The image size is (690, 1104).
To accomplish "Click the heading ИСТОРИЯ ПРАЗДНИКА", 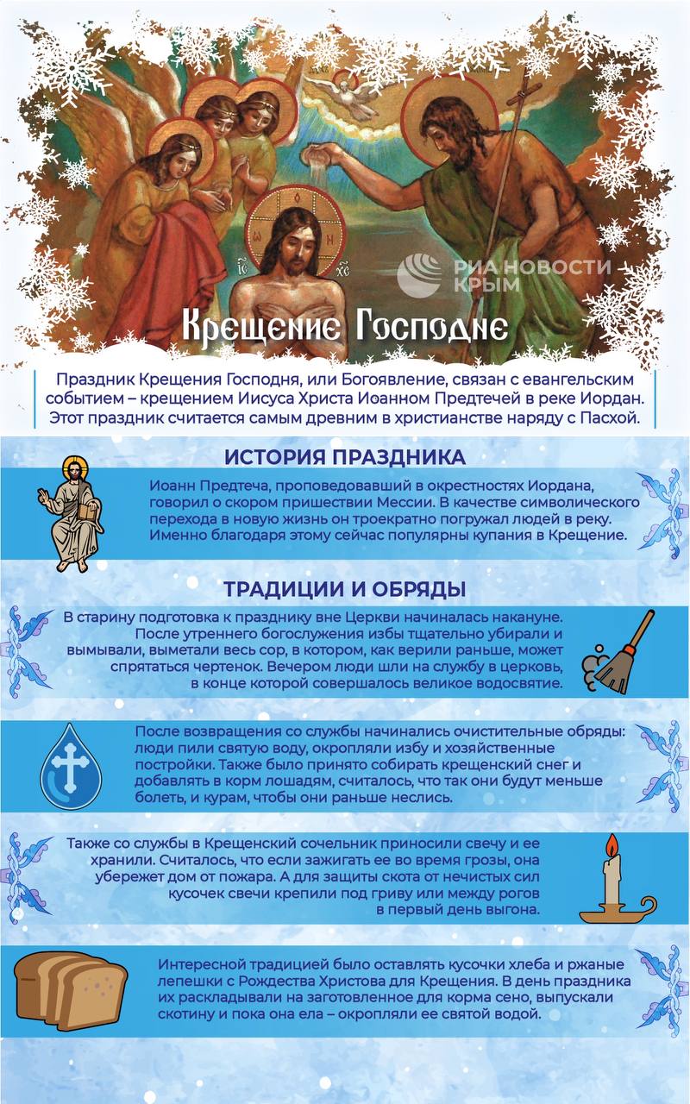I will (x=344, y=457).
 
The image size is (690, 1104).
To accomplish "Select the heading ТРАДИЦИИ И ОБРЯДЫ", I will (x=344, y=590).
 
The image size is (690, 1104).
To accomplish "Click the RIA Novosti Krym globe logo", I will (x=419, y=273).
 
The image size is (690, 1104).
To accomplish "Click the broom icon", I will (x=621, y=654).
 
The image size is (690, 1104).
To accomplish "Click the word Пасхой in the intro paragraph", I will (x=611, y=420).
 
